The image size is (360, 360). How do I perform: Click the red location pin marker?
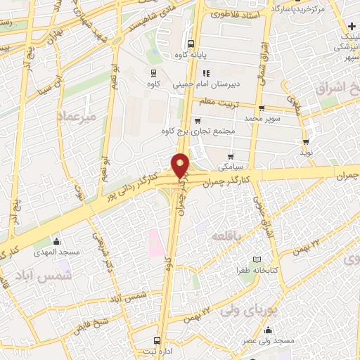tap(181, 165)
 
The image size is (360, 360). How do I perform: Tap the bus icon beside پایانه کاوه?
tap(191, 42)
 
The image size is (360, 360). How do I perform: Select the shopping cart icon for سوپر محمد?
tap(262, 108)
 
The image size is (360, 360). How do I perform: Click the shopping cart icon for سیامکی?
tap(231, 156)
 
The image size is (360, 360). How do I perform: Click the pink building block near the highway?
tap(155, 243)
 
